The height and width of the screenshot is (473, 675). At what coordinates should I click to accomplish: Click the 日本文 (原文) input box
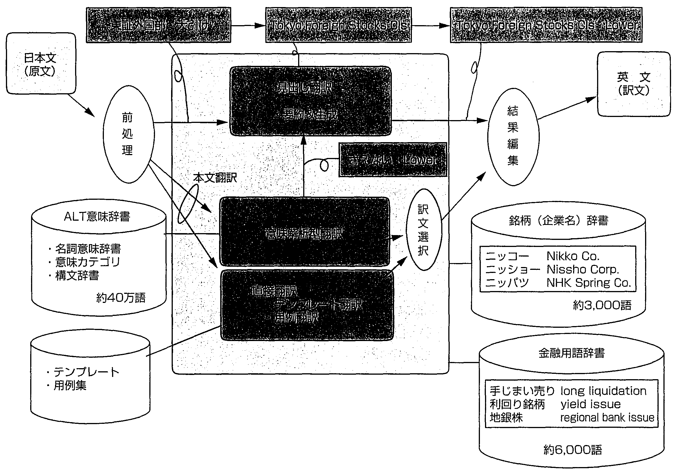point(41,64)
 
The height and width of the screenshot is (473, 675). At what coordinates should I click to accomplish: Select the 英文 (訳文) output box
point(634,84)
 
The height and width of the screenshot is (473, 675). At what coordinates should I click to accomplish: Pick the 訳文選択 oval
point(423,230)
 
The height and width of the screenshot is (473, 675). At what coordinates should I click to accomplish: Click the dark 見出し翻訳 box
point(310,101)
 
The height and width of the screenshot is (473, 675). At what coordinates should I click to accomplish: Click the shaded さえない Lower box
point(392,160)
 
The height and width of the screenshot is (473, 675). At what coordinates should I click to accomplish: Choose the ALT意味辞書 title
point(97,217)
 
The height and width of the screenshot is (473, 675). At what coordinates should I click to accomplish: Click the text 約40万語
point(121,298)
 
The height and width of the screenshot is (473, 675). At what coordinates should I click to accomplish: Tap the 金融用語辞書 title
point(571,353)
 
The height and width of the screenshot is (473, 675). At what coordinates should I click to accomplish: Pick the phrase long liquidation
point(603,391)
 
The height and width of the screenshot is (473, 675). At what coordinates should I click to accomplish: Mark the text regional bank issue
point(607,418)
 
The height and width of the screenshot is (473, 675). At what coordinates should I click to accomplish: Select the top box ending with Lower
point(546,25)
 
